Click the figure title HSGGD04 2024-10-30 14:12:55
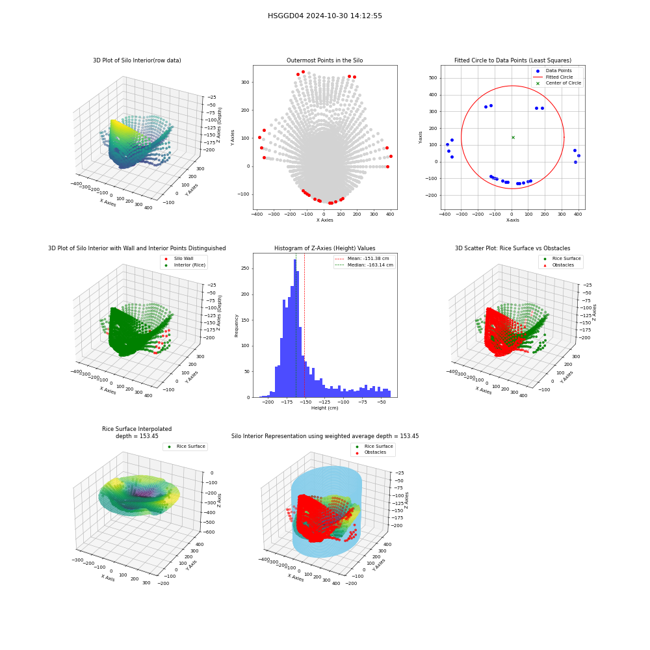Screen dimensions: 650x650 click(324, 16)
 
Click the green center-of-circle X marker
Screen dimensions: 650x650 click(513, 137)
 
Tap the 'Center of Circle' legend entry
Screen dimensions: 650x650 click(558, 83)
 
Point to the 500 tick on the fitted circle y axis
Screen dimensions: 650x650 click(433, 78)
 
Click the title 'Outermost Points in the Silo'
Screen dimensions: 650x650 click(324, 60)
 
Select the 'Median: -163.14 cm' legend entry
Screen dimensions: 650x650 click(365, 265)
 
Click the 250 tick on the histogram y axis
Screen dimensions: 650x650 click(245, 268)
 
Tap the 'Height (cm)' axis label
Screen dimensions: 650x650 click(324, 408)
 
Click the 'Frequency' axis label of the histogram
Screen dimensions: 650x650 click(237, 326)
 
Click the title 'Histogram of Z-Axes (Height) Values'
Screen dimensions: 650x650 click(324, 248)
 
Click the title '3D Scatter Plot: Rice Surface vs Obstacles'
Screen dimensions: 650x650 click(512, 248)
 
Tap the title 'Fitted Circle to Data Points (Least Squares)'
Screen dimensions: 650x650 click(512, 60)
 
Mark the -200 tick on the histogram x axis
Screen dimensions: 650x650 click(268, 402)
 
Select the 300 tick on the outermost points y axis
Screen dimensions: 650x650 click(245, 82)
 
